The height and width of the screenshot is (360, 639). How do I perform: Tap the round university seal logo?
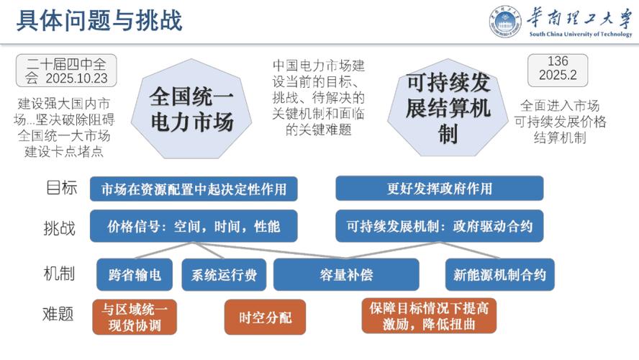pos(505,22)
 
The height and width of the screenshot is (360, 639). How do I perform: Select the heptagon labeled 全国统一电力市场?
pos(191,109)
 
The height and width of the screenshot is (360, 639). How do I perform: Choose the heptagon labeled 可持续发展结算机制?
pos(447,108)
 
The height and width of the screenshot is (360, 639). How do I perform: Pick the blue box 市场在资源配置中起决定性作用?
pos(194,189)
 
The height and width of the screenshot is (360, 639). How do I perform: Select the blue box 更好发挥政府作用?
pos(439,189)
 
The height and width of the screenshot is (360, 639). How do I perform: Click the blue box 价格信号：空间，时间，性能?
pos(194,226)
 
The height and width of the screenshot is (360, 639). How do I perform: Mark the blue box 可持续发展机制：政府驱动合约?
pos(439,226)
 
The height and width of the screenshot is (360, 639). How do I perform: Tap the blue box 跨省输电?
pos(135,274)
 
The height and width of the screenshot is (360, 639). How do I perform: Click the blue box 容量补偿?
pos(346,274)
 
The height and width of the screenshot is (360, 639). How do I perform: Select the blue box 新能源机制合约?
pos(500,274)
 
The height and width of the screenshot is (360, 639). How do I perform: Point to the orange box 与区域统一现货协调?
pos(135,317)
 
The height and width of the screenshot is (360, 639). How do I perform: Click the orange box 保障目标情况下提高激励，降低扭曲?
pos(430,316)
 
